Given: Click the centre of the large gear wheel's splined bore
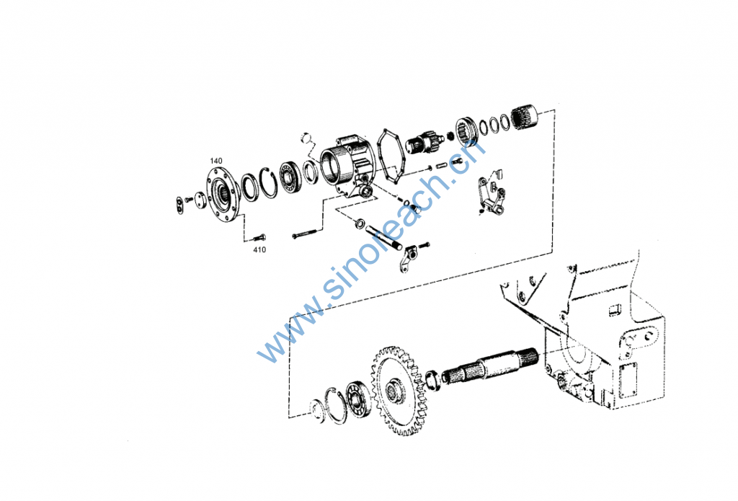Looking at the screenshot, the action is (393, 391).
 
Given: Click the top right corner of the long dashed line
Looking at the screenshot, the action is (554, 110).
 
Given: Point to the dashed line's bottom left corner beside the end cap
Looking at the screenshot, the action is (289, 417).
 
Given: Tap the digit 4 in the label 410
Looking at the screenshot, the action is (256, 249).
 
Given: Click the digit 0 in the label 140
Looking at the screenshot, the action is (220, 161).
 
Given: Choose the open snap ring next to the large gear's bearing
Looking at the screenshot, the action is (337, 405).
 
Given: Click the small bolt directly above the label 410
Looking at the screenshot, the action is (259, 238).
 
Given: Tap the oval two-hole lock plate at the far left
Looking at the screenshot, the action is (180, 205).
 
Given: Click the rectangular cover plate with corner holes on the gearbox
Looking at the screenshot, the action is (628, 379).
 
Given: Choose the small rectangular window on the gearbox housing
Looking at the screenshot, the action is (615, 310).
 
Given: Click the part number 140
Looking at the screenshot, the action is (216, 161).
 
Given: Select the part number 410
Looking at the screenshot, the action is (259, 249).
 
